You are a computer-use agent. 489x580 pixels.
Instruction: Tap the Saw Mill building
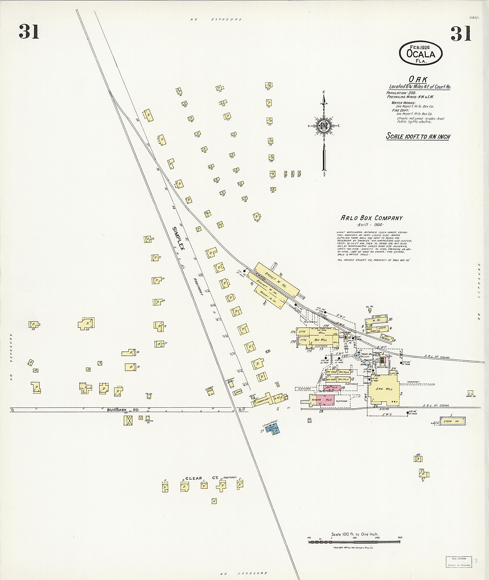(384, 388)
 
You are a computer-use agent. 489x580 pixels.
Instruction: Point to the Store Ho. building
(453, 421)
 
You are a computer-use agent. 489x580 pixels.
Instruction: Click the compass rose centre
(324, 126)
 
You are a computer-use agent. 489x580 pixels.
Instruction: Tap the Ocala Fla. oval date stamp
(420, 53)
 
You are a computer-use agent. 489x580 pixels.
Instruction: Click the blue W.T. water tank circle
(357, 355)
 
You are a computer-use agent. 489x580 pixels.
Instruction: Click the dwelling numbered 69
(86, 323)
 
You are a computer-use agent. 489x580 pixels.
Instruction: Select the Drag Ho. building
(470, 393)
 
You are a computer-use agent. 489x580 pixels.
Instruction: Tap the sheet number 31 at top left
(29, 32)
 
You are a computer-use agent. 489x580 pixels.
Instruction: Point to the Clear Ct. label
(202, 478)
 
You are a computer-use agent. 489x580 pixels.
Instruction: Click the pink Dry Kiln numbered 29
(332, 388)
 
